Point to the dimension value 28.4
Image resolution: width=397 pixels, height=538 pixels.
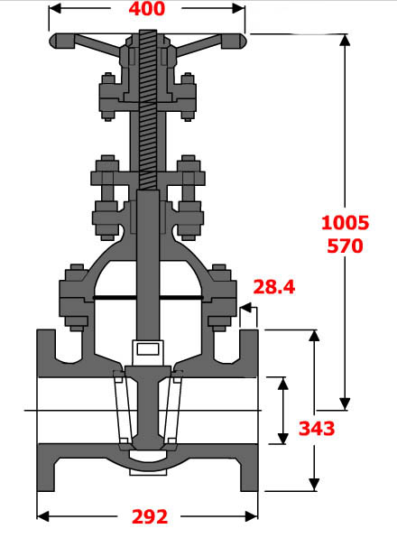point(274,287)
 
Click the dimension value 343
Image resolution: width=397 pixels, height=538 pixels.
point(316,428)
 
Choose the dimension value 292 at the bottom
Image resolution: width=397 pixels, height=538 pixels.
point(150,516)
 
